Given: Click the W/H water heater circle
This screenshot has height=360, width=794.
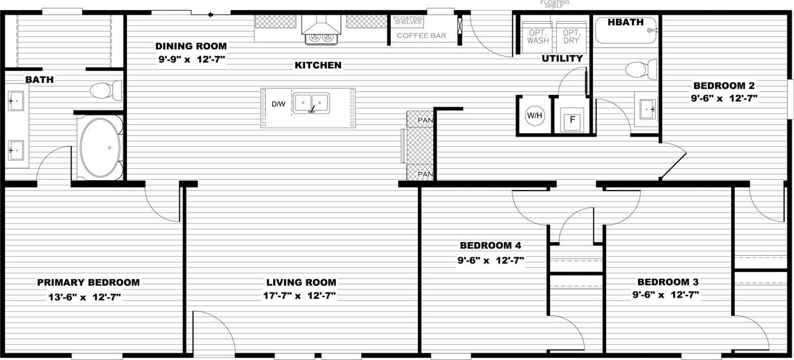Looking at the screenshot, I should point(534,116).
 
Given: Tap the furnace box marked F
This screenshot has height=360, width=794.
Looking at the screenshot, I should point(572,119).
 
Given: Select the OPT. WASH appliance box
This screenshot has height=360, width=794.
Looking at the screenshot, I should point(538,37).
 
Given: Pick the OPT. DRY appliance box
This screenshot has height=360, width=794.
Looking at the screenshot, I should point(571,37).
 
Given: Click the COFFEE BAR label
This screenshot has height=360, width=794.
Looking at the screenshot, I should point(421,36).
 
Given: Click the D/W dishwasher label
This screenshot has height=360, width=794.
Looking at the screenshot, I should point(278,104).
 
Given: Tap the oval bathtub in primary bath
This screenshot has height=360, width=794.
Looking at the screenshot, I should point(100,147).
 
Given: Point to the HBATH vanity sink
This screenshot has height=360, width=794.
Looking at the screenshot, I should point(646,107).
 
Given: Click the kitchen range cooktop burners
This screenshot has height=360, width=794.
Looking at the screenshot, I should point(321,38).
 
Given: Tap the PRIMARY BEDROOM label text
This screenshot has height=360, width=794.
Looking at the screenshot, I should point(88,282).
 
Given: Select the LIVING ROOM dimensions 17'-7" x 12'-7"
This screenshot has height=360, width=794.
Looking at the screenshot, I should point(301,295).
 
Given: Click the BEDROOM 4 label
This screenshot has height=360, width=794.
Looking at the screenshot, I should point(490,245).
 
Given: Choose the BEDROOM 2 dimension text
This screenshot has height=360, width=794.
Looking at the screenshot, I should point(724,98).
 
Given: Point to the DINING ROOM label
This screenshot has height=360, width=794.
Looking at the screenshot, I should point(191,46).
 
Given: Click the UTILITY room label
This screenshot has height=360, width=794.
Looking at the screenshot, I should point(562,58).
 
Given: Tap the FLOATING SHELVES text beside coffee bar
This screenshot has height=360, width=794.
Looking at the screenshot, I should point(407,20).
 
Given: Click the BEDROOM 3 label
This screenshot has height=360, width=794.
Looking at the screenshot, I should point(668,282).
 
